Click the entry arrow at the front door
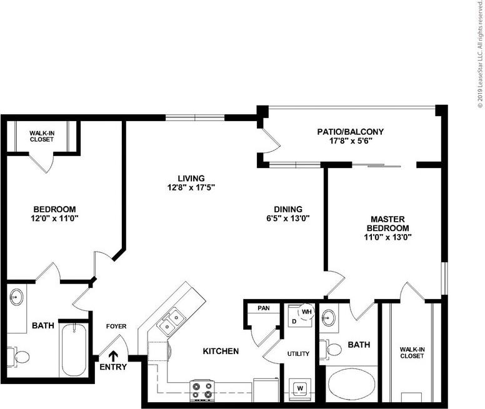pyautogui.click(x=113, y=356)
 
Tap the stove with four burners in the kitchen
pyautogui.click(x=202, y=390)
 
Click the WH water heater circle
pyautogui.click(x=307, y=312)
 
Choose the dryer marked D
pyautogui.click(x=294, y=321)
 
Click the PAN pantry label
pyautogui.click(x=262, y=308)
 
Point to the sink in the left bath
pyautogui.click(x=17, y=298)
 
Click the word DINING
pyautogui.click(x=287, y=209)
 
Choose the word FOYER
pyautogui.click(x=116, y=326)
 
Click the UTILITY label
pyautogui.click(x=298, y=354)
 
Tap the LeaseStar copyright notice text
pyautogui.click(x=480, y=56)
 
